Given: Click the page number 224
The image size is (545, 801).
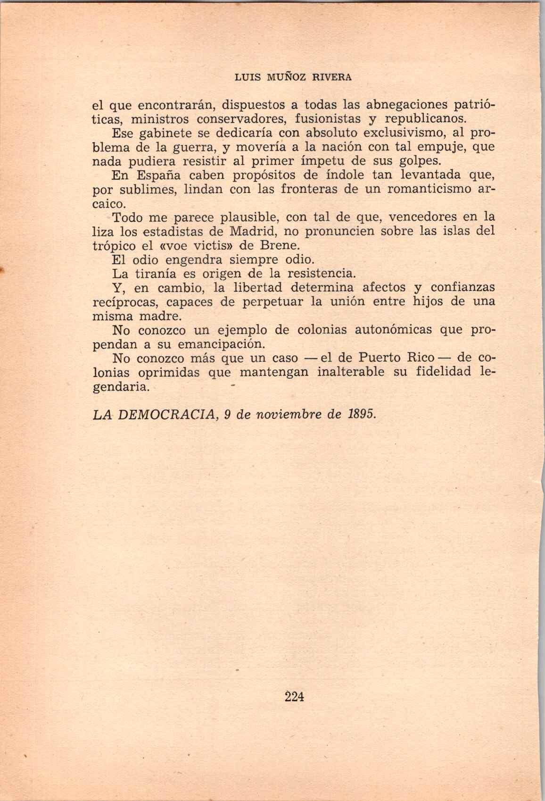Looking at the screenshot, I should coord(295,696).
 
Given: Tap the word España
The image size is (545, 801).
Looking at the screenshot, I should coord(156,175).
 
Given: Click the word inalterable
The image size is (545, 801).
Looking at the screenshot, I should coord(354,372).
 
